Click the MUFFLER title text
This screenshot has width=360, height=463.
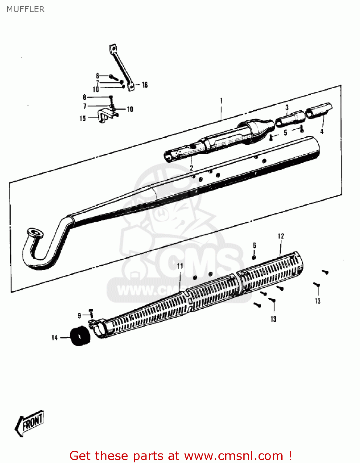coord(26,9)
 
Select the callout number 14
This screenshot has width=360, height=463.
coord(55,338)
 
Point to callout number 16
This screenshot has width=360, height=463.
coord(145,85)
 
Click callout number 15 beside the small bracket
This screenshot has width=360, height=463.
coord(83,118)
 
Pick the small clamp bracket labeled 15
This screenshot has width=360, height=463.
coord(105,115)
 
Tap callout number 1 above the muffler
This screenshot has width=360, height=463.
coord(221,101)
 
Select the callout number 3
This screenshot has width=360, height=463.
coord(287,107)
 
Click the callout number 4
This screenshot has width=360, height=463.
coord(322,131)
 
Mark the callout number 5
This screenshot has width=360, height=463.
coord(285,133)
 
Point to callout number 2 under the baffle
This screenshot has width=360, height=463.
coord(191,168)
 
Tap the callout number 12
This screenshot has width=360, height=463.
coord(281,236)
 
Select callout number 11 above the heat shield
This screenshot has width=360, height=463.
coord(180,266)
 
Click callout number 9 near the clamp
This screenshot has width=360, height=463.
coord(79,315)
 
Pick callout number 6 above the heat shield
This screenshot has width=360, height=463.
coord(254,245)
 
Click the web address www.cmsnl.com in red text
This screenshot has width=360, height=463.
coord(234,456)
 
